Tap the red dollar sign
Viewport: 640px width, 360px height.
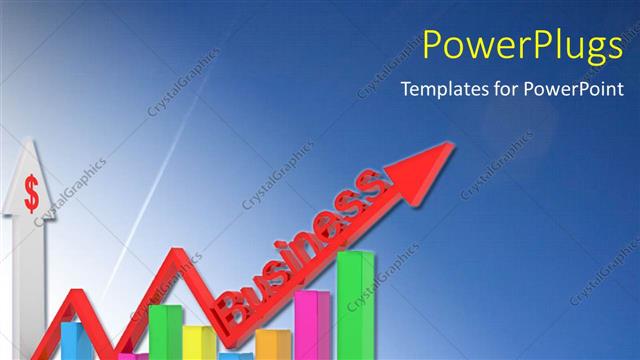click(32, 192)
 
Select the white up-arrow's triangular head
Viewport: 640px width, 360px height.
click(31, 180)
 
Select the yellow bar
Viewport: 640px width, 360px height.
click(197, 340)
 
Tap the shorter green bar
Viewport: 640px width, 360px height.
click(164, 330)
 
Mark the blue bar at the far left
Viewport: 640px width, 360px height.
click(73, 340)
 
